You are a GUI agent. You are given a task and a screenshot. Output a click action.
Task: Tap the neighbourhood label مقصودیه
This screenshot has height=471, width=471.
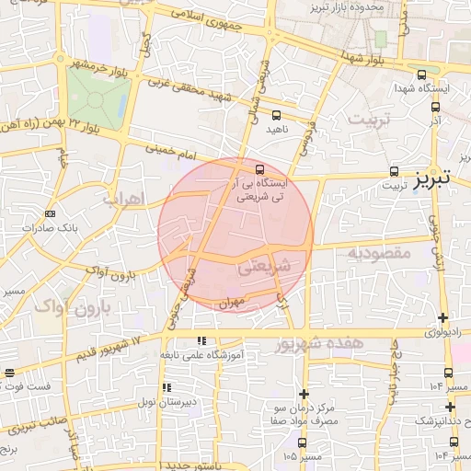pyautogui.click(x=377, y=251)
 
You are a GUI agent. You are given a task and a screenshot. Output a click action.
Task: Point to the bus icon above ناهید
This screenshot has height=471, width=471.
pyautogui.click(x=276, y=115)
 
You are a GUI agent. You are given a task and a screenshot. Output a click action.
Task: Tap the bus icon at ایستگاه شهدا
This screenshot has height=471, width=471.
pyautogui.click(x=421, y=75)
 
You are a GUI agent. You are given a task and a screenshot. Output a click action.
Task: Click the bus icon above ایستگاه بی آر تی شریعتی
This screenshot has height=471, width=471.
pyautogui.click(x=260, y=170)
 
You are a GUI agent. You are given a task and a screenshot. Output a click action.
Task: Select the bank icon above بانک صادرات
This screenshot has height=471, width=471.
pyautogui.click(x=50, y=213)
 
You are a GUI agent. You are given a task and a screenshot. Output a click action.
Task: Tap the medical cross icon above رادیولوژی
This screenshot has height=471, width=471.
pyautogui.click(x=444, y=317)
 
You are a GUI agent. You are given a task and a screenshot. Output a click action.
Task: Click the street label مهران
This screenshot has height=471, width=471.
pyautogui.click(x=229, y=301)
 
